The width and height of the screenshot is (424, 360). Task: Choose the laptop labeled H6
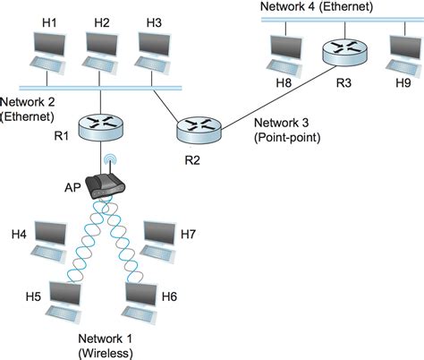(x=142, y=301)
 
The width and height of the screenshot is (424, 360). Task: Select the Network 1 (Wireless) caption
(x=106, y=345)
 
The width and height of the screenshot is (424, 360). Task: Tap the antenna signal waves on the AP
(x=113, y=163)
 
